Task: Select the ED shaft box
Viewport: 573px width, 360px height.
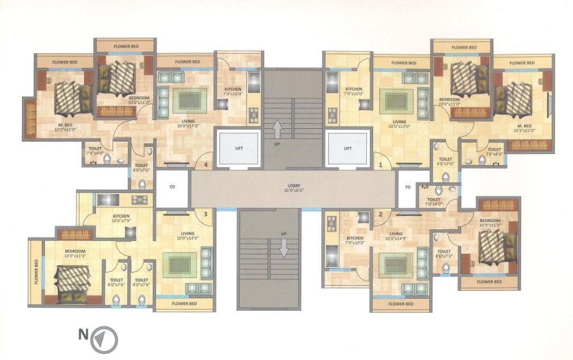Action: point(172,186)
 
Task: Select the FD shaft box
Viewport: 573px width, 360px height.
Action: point(407,186)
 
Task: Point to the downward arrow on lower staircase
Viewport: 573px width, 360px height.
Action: point(282,248)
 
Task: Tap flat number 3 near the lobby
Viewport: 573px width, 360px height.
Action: point(206,214)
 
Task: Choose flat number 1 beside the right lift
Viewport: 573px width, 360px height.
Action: point(381,165)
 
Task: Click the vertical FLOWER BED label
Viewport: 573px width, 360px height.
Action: point(36,271)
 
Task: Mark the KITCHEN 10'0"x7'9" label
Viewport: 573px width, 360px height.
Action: point(121,218)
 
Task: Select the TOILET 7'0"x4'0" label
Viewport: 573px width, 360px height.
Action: point(434,202)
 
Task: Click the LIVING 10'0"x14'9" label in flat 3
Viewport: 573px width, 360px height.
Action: point(188,236)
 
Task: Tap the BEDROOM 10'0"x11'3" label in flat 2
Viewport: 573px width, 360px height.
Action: point(490,222)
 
